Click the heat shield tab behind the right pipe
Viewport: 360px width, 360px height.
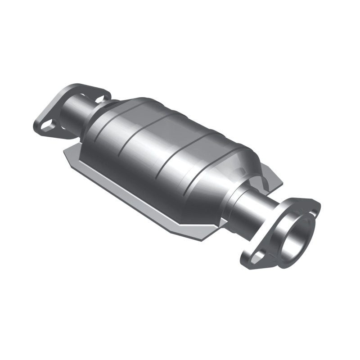272,178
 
